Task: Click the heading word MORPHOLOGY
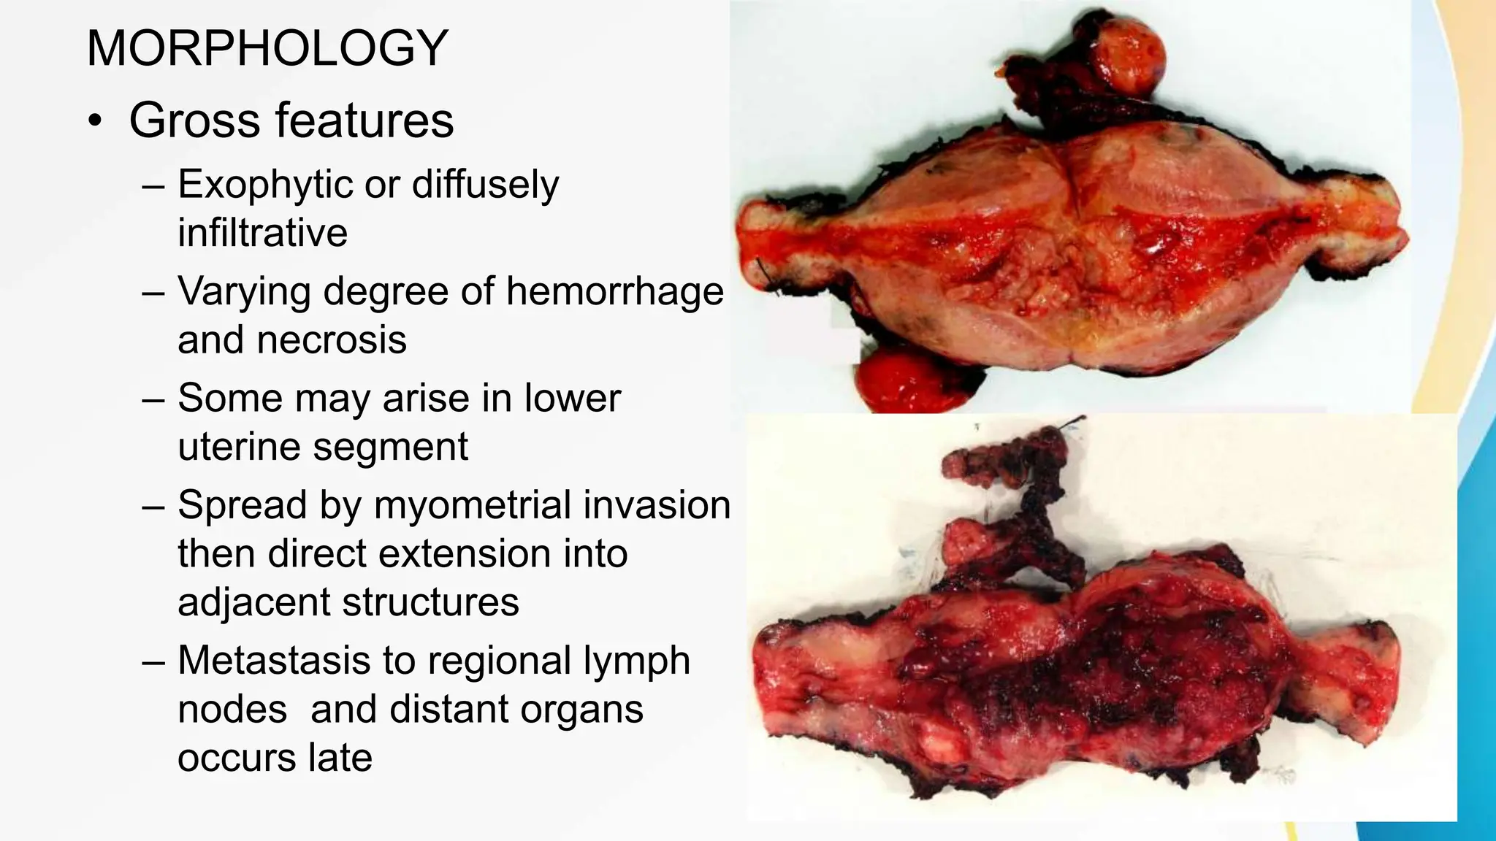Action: (x=267, y=48)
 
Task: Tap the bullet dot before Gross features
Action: (x=94, y=121)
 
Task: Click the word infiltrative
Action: (x=263, y=233)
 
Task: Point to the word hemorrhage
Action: (x=614, y=291)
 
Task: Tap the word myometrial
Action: (x=480, y=505)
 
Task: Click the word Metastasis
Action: (x=274, y=661)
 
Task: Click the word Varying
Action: (x=244, y=291)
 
